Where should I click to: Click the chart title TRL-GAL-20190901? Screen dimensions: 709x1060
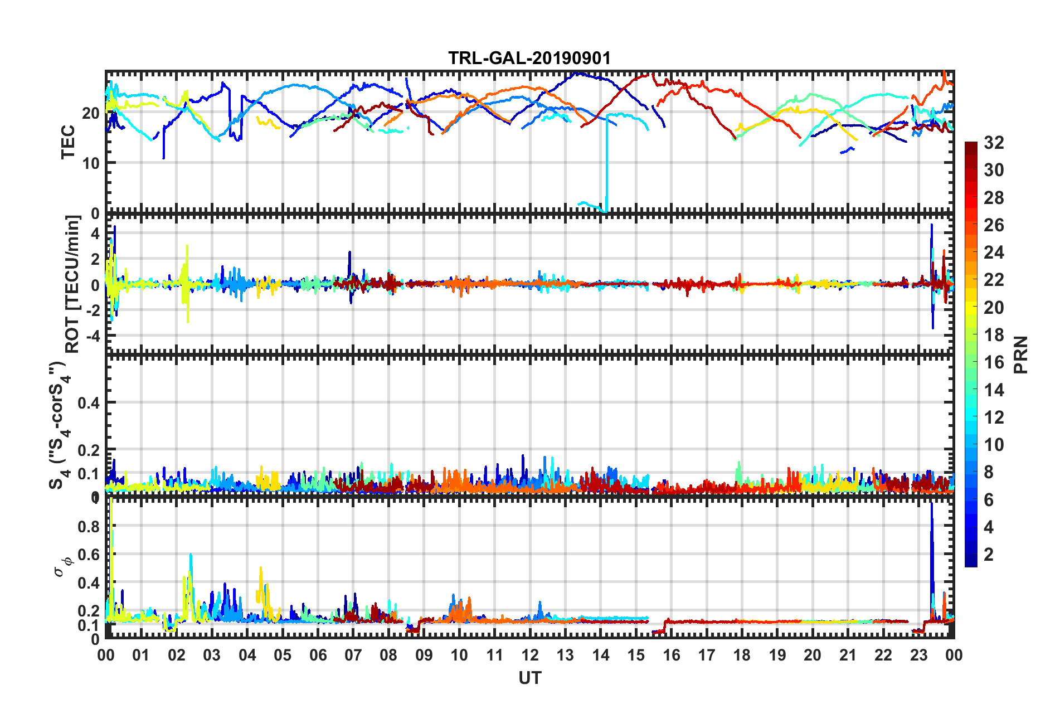(x=529, y=58)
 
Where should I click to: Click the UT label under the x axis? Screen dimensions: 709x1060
(x=529, y=678)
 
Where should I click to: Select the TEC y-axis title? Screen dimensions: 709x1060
(x=67, y=142)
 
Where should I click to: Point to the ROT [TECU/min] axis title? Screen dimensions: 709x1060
(x=72, y=284)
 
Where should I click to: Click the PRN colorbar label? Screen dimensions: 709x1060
(x=1021, y=354)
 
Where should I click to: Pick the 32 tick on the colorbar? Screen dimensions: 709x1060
(x=994, y=143)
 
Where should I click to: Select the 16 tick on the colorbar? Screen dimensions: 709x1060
(x=994, y=362)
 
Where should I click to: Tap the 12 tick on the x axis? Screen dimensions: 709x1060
(x=529, y=655)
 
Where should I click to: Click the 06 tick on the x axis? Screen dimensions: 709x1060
(x=318, y=655)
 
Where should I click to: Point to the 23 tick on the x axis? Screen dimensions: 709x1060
(x=918, y=655)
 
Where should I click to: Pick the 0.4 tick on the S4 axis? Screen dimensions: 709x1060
(x=88, y=402)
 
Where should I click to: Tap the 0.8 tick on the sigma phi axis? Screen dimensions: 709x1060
(x=88, y=527)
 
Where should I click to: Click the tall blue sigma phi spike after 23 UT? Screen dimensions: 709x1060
(x=931, y=546)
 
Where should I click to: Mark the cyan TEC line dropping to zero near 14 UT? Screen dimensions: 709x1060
(x=607, y=167)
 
